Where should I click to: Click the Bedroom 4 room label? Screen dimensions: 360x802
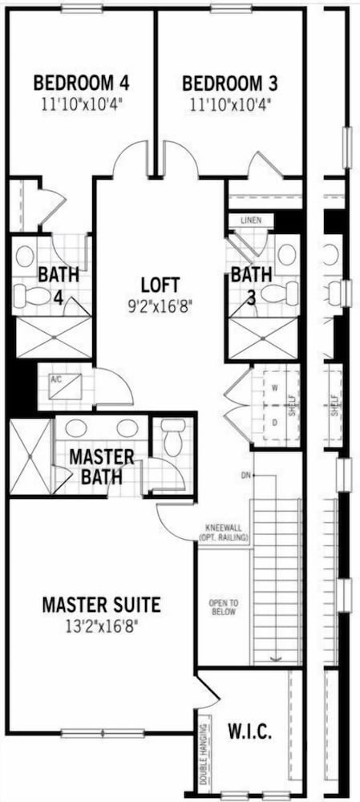pos(81,83)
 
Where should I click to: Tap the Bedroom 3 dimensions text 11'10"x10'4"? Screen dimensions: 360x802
pos(229,105)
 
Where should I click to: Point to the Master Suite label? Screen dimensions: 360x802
pos(101,605)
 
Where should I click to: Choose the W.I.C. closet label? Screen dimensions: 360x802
pos(249,731)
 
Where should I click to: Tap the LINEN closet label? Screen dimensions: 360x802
pos(252,221)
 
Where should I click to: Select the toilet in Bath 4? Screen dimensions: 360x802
pos(30,295)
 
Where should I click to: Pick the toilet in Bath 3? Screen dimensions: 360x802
pos(281,293)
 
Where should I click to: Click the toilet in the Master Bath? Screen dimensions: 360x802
pos(173,437)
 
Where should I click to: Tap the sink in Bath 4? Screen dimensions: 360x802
pos(25,257)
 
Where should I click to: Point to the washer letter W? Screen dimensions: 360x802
pos(274,387)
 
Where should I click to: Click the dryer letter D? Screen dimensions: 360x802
pos(274,423)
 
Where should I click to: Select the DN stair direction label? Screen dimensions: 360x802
pos(246,476)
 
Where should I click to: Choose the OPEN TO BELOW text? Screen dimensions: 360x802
pos(224,608)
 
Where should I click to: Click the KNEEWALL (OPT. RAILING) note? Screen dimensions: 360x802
pos(224,533)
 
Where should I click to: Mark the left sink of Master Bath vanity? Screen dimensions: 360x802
pos(75,428)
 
